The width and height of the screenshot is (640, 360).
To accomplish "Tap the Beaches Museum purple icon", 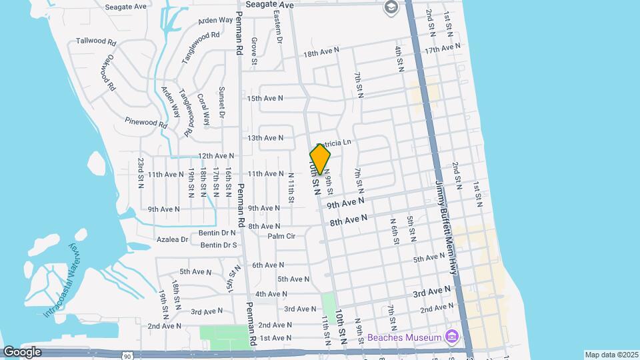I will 452,337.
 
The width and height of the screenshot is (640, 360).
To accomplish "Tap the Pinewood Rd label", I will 145,122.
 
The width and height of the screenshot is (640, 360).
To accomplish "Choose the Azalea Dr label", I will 173,239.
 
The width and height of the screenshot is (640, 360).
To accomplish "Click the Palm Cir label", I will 281,236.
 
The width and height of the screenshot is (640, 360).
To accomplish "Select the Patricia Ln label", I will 335,143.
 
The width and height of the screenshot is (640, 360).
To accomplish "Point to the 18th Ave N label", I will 321,51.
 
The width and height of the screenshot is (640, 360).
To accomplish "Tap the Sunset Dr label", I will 223,99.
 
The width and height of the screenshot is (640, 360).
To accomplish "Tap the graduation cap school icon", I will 391,7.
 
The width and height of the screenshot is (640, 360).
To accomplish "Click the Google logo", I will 22,352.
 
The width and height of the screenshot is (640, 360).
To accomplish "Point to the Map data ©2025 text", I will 611,354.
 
